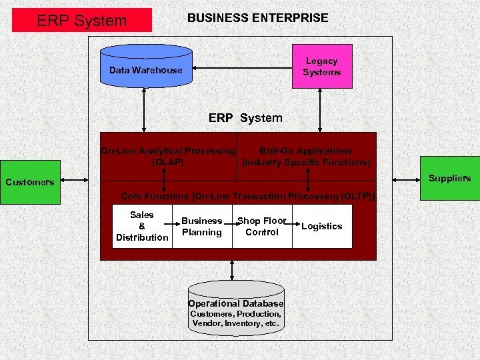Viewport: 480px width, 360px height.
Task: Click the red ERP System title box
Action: pos(82,20)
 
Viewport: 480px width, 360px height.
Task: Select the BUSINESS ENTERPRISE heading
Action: pos(257,18)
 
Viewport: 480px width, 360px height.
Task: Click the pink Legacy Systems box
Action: pos(322,66)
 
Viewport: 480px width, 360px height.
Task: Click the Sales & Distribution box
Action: pos(142,227)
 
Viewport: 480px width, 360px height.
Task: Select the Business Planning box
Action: pos(202,227)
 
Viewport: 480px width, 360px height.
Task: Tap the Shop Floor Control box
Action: pos(262,227)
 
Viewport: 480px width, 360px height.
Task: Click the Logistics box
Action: pos(322,227)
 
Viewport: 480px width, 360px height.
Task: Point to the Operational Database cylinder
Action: pos(235,307)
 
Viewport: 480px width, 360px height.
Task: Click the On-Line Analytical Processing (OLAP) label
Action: pos(167,156)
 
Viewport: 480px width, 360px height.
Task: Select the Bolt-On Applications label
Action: pos(306,156)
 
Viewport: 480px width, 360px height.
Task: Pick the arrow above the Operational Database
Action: pos(231,269)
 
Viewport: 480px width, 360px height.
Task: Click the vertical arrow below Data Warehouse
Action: pos(143,111)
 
